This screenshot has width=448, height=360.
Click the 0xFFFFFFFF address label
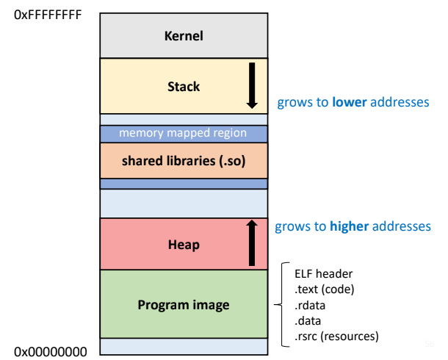click(x=48, y=15)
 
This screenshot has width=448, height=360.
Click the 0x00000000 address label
click(x=50, y=352)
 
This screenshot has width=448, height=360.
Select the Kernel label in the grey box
click(x=184, y=35)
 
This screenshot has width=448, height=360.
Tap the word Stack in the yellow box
click(x=184, y=87)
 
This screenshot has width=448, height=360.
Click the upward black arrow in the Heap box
click(x=251, y=242)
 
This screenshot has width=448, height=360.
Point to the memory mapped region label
click(x=184, y=134)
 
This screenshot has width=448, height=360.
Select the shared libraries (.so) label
click(x=184, y=160)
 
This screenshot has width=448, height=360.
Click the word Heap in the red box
click(x=184, y=244)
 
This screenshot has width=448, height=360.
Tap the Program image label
click(x=184, y=305)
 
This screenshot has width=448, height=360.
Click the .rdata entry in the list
click(x=310, y=305)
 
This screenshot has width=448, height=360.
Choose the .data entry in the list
click(x=308, y=321)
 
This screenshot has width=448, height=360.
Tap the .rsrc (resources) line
click(x=336, y=336)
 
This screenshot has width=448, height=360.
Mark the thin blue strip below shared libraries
click(x=184, y=184)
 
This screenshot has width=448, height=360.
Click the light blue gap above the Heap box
click(x=184, y=203)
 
